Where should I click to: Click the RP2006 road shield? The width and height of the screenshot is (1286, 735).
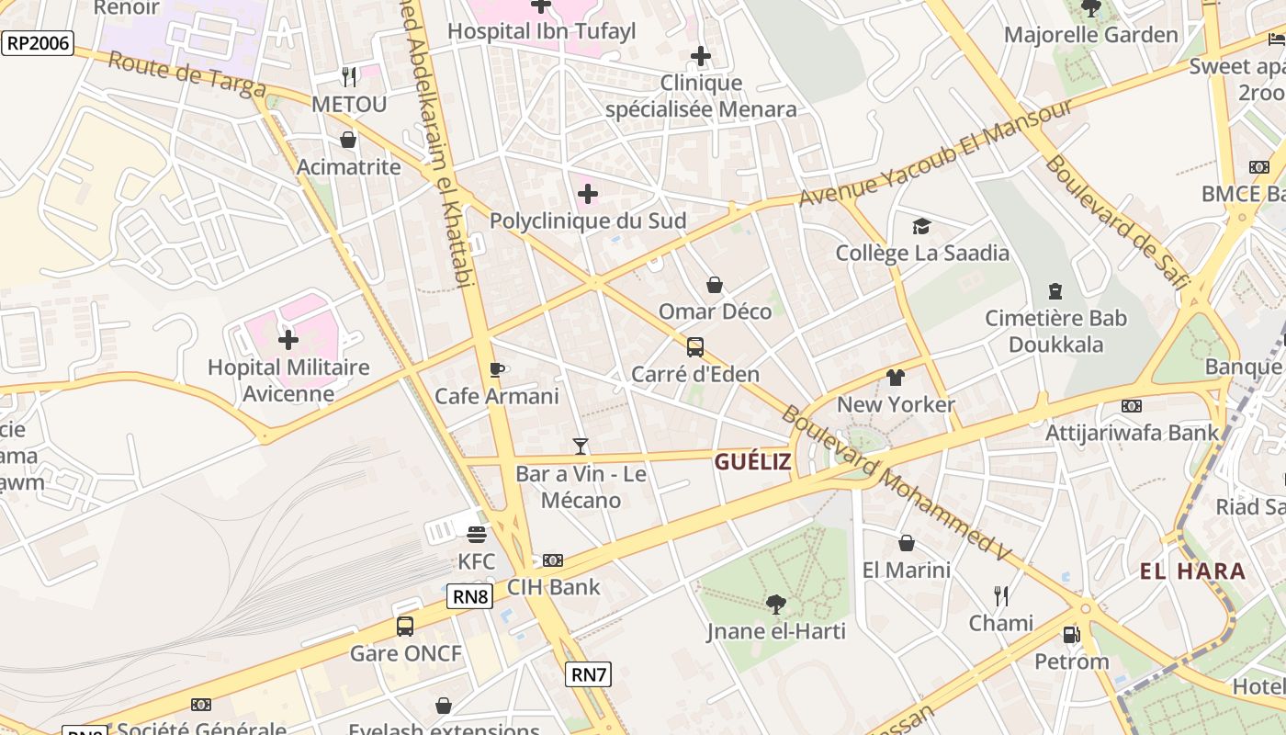click(38, 43)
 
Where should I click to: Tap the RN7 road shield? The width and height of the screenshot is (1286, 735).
click(589, 674)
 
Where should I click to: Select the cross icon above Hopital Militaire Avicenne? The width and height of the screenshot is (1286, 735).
click(288, 340)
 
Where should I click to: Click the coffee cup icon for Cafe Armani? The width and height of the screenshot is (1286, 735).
click(497, 369)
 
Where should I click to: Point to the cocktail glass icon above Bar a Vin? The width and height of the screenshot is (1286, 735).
click(581, 447)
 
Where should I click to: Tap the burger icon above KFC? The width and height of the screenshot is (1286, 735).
click(476, 534)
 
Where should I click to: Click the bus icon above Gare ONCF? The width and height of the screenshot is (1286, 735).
click(405, 627)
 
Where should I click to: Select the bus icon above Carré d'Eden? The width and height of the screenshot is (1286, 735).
click(695, 347)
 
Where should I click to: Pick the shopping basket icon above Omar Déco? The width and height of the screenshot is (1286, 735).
click(715, 285)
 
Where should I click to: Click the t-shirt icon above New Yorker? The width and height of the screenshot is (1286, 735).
click(896, 378)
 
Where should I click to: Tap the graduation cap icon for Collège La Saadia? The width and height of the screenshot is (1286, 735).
click(921, 226)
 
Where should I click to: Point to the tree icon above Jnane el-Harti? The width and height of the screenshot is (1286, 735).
click(776, 604)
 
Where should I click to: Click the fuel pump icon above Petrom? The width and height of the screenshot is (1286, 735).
click(1071, 634)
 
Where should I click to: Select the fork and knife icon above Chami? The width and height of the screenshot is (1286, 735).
click(1001, 596)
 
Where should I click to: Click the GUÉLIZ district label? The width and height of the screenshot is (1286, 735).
click(752, 462)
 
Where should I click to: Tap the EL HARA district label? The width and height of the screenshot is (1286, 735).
click(1192, 571)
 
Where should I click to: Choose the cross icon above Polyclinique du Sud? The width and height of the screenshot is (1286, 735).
click(588, 194)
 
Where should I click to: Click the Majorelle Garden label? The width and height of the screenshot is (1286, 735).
click(1090, 35)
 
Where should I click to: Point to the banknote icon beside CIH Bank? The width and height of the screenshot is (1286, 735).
click(553, 560)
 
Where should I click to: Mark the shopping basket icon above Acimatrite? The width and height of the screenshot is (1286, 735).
click(348, 140)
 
